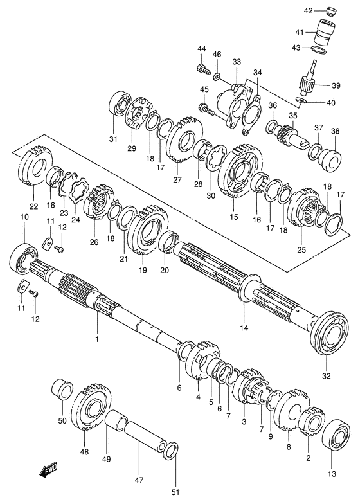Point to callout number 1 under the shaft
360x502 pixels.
click(x=97, y=339)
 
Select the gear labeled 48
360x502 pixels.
click(x=89, y=410)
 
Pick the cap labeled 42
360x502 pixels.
click(x=329, y=11)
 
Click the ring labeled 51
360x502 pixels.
click(x=171, y=451)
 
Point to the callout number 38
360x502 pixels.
click(x=335, y=131)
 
